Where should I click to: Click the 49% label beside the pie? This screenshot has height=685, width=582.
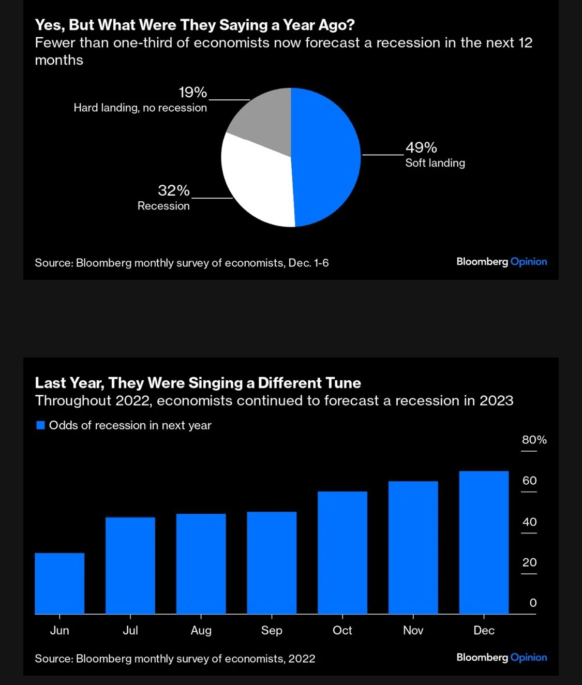(421, 148)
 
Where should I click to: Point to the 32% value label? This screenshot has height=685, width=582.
(174, 191)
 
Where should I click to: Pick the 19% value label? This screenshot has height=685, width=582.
(192, 93)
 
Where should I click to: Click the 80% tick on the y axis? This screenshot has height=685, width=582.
(534, 440)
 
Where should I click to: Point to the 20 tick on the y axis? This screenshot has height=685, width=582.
(529, 562)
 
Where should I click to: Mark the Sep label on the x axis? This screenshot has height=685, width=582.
(272, 630)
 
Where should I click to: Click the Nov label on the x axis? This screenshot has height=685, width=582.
(413, 630)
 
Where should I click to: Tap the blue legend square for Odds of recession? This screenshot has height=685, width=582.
(40, 425)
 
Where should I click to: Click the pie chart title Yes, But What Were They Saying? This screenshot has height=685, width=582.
(195, 25)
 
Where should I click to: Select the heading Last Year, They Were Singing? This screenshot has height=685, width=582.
(198, 383)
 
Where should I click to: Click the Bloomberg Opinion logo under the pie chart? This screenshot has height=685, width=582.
(501, 262)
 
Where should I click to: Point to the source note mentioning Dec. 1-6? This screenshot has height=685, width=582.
(182, 263)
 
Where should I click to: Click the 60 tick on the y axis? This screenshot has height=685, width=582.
(529, 481)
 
